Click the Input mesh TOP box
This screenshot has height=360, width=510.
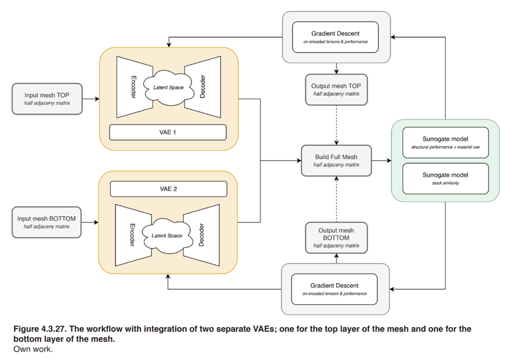[47, 98]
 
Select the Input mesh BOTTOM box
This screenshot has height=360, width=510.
[46, 222]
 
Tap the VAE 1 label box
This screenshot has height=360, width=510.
[167, 132]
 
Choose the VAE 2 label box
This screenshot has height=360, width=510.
[168, 189]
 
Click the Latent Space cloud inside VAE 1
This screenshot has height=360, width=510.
[168, 88]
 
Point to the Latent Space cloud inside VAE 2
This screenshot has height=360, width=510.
[166, 236]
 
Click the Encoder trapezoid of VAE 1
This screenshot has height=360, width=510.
[132, 87]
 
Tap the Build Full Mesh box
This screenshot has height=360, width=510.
[336, 160]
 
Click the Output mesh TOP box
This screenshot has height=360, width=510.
[336, 89]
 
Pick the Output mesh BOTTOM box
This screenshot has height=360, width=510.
[336, 238]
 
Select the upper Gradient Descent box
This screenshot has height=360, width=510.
[335, 37]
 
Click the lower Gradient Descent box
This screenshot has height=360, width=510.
[334, 289]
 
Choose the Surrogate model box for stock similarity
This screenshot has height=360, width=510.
[445, 178]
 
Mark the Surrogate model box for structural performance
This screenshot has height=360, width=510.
[445, 142]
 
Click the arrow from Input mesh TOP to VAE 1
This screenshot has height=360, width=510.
[91, 99]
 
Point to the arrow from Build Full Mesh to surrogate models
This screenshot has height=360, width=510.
[381, 161]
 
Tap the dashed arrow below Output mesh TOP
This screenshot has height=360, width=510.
[336, 124]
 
